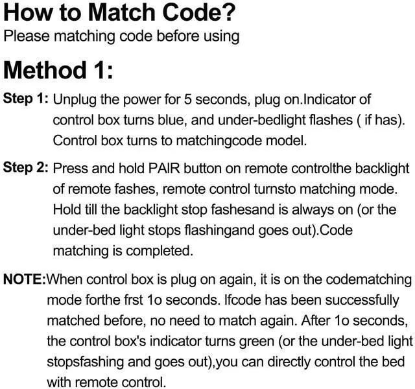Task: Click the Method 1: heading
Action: (x=59, y=69)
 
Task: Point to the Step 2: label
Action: (x=26, y=167)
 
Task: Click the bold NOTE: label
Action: (x=25, y=279)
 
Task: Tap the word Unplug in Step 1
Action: (x=73, y=100)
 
